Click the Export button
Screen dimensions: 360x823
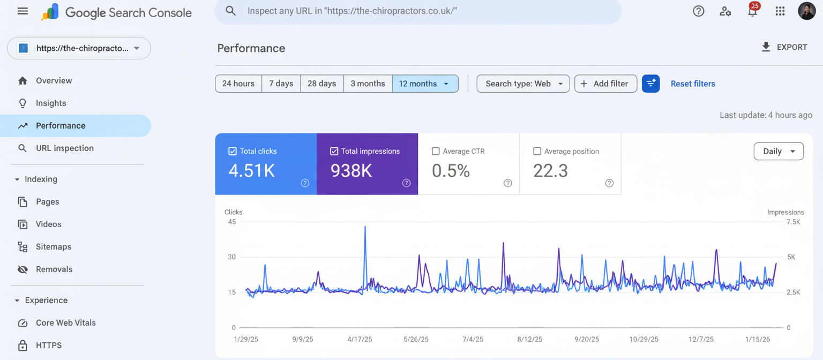tap(784, 47)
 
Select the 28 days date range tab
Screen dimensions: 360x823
tap(321, 84)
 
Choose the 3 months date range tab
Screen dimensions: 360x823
tap(368, 84)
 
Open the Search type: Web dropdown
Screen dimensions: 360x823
tap(523, 84)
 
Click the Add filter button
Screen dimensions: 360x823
tap(605, 84)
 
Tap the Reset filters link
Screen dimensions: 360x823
tap(692, 84)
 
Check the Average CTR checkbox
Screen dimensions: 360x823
tap(436, 152)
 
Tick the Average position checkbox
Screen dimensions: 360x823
tap(537, 152)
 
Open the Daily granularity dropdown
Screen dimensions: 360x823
tap(778, 152)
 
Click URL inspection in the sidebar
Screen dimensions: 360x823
tap(64, 148)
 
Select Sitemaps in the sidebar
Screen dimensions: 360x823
tap(53, 247)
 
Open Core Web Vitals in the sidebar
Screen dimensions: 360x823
tap(65, 323)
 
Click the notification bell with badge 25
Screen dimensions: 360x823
tap(752, 11)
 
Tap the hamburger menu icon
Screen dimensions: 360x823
tap(23, 11)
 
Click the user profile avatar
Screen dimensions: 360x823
tap(806, 11)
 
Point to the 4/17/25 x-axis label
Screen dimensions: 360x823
tap(360, 340)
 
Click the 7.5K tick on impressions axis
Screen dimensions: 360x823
tap(793, 222)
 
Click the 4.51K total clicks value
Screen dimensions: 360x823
tap(251, 171)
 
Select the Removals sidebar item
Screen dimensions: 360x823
tap(54, 269)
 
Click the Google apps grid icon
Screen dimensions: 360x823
tap(780, 11)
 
